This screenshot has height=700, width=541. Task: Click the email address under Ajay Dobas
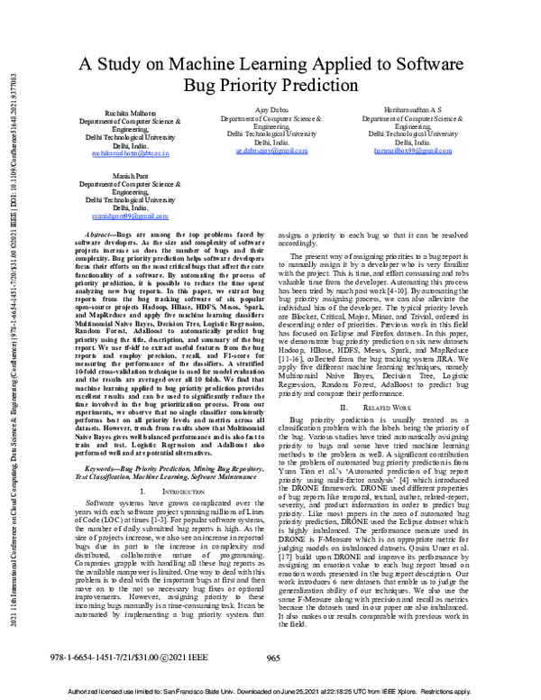coord(272,152)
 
